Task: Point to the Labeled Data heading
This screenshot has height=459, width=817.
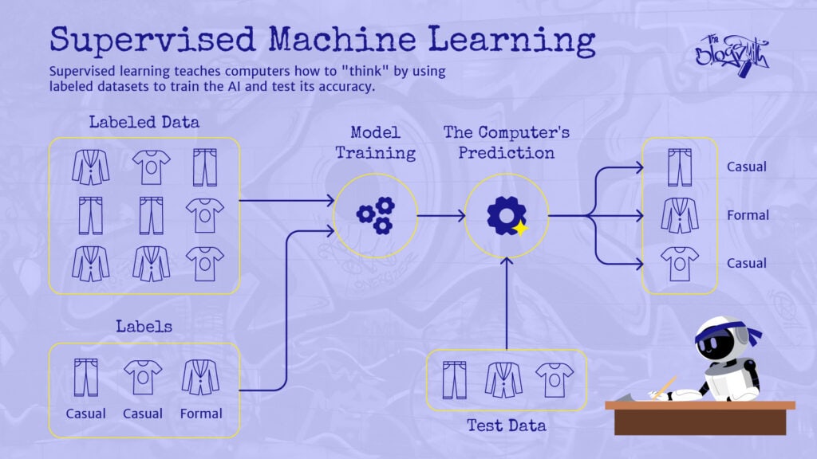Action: [144, 123]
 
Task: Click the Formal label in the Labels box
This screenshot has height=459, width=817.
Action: [201, 414]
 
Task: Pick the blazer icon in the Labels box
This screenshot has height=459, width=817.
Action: [200, 377]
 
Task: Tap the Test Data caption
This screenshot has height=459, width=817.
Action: [507, 426]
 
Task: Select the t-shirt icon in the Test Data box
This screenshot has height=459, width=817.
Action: [554, 379]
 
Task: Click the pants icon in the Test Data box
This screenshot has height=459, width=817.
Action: [454, 379]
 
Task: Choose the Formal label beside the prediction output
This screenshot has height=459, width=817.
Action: [748, 215]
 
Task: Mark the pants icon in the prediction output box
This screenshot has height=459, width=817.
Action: [680, 167]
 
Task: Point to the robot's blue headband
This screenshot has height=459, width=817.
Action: [721, 335]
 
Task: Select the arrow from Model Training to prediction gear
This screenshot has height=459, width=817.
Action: [441, 215]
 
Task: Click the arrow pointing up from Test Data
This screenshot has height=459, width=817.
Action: [506, 303]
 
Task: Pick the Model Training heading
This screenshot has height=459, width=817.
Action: [374, 142]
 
